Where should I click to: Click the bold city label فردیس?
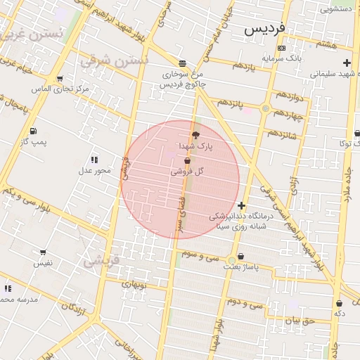265,30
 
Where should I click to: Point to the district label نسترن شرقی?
115,60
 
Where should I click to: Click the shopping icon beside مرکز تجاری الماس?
59,79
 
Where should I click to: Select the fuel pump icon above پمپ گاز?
33,131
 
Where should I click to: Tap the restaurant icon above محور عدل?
94,160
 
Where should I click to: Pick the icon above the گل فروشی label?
187,161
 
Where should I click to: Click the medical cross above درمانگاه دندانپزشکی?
241,205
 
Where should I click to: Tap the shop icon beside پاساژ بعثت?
241,257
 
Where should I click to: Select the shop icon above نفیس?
43,252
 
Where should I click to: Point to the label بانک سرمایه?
282,58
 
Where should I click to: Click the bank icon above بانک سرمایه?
282,48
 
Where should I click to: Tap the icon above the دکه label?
339,303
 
